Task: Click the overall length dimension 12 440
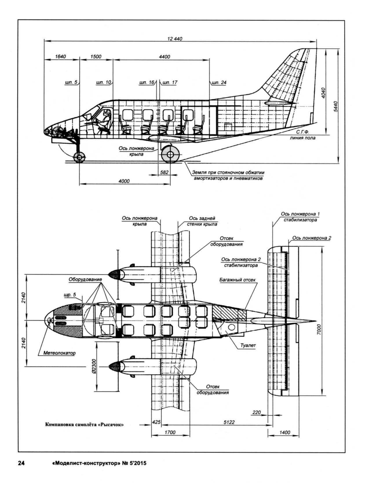point(175,39)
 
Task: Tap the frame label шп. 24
point(219,83)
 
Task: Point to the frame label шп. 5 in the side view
point(71,83)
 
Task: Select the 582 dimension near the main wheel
point(164,172)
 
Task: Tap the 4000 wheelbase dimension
point(124,181)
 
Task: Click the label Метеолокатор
point(59,353)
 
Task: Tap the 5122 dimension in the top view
point(229,422)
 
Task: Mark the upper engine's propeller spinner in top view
point(115,274)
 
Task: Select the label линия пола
point(302,138)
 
